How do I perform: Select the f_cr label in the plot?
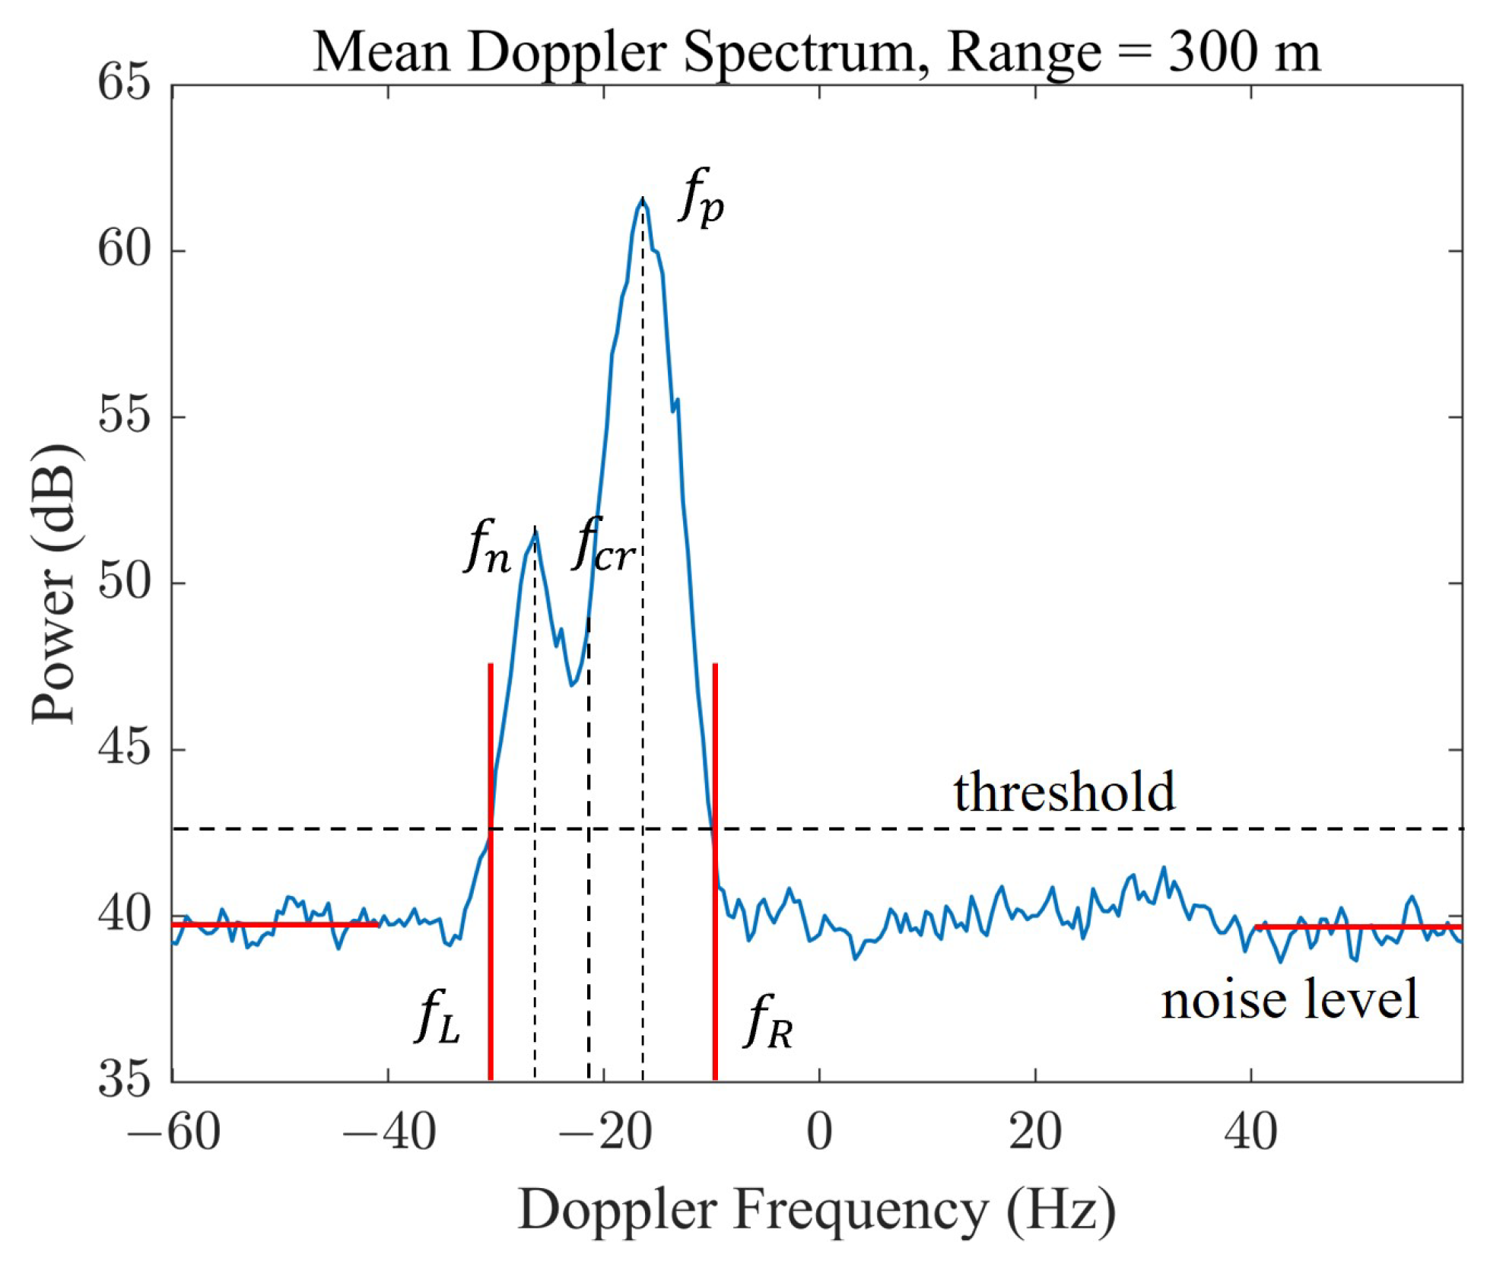coord(602,545)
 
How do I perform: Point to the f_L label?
coord(438,1018)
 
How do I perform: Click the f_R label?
coord(769,1023)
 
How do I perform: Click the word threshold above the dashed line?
coord(1064,792)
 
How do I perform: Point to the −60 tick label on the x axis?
coord(173,1132)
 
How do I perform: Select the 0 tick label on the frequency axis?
coord(819,1132)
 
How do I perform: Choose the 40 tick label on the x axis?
coord(1250,1132)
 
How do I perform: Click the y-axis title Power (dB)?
coord(55,583)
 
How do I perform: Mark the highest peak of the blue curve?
coord(643,199)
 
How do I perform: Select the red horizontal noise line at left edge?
coord(274,924)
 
